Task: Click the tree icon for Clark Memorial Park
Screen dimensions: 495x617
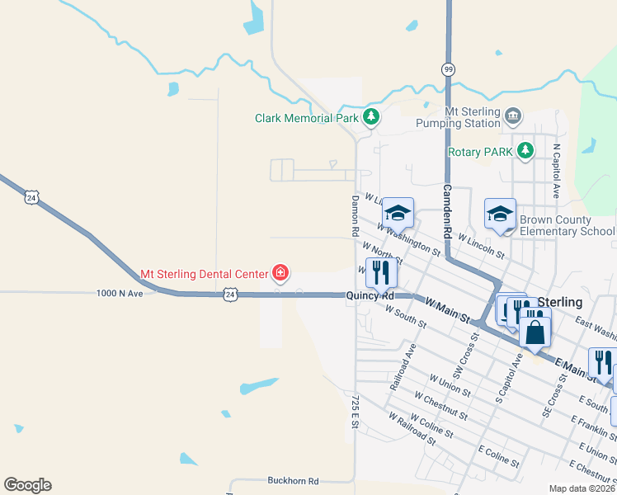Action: coord(371,118)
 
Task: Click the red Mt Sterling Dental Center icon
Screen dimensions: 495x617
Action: coord(280,273)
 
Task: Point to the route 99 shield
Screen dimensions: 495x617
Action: coord(448,68)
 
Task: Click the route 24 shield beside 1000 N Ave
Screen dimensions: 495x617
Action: coord(230,294)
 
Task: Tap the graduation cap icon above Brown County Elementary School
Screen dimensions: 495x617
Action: coord(500,214)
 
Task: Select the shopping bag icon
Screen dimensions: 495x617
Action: coord(535,332)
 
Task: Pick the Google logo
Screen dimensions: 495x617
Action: coord(27,485)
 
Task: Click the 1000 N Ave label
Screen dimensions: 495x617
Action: coord(120,294)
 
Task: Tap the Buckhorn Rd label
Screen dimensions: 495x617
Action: coord(292,480)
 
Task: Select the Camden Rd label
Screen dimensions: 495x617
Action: coord(447,211)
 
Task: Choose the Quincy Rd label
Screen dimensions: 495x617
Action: coord(370,295)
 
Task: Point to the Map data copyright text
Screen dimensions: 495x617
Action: coord(581,488)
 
